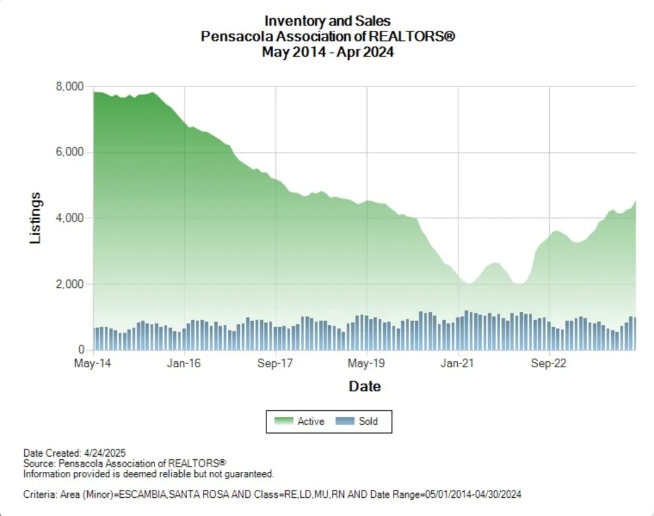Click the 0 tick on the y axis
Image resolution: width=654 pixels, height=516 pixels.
click(80, 350)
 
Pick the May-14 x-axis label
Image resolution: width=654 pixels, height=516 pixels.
click(93, 364)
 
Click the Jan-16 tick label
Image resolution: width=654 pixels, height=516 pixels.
click(184, 364)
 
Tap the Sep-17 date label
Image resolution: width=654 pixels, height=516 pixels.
click(276, 364)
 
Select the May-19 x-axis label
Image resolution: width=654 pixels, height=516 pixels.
click(367, 364)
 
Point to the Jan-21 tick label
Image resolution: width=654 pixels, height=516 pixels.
click(458, 364)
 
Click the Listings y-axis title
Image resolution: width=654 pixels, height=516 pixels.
click(36, 218)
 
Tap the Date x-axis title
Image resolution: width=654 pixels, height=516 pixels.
click(365, 386)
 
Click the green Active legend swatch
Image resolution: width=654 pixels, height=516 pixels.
click(283, 421)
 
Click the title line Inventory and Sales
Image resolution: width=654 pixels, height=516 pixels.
click(328, 22)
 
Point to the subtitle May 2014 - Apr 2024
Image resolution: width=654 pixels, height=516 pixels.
click(328, 52)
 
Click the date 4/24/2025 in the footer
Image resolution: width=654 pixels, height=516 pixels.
click(104, 453)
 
